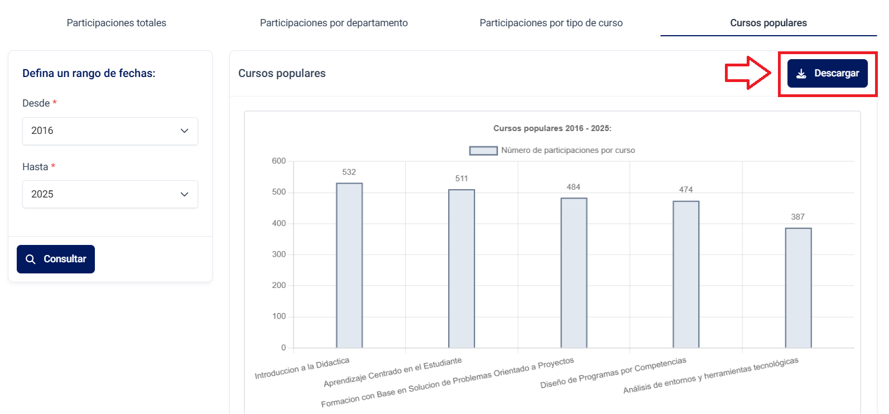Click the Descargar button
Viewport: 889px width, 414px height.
827,74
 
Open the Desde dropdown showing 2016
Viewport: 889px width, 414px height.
110,131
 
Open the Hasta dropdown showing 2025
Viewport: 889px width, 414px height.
110,194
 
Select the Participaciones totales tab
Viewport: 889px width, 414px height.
116,23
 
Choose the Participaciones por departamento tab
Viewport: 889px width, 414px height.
334,23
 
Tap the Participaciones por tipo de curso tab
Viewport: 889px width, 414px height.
551,23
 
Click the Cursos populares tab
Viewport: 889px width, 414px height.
768,23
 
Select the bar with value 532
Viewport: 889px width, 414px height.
349,265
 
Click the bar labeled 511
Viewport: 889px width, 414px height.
462,268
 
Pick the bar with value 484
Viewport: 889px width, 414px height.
574,273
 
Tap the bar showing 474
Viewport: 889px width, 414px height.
686,274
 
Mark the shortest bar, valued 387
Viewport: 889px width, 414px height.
798,287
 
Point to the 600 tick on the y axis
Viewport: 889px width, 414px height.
278,161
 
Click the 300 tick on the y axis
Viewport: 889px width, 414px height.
278,254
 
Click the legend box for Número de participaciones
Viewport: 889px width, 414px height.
483,151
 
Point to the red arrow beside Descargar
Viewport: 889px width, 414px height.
748,73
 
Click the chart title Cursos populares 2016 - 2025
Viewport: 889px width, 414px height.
552,128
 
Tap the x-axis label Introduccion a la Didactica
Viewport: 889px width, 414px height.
302,369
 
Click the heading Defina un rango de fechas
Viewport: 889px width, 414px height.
89,73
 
